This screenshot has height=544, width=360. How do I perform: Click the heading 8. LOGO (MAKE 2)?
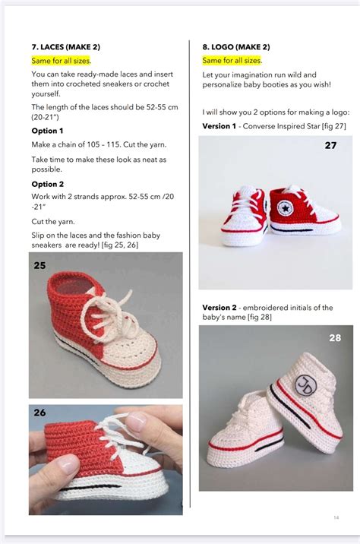[235, 46]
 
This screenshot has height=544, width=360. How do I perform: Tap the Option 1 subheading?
[47, 131]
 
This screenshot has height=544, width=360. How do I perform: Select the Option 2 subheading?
[47, 184]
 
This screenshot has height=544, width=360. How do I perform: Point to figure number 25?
[40, 266]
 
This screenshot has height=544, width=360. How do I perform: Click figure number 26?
[40, 413]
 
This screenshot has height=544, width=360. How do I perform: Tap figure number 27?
[330, 145]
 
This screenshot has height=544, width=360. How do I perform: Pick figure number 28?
[335, 338]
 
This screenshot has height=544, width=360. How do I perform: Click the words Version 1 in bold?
[219, 126]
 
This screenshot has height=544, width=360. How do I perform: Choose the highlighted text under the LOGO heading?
[232, 60]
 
